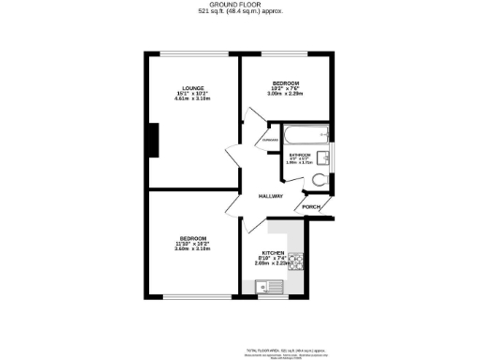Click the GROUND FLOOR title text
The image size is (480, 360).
pos(241,5)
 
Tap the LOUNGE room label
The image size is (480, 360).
pos(194,87)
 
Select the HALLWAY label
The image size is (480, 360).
pos(271,195)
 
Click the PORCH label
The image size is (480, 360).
pos(311,206)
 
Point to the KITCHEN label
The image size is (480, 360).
pos(275,252)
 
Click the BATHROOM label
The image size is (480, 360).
pos(299,155)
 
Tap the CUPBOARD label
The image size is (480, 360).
pos(270,142)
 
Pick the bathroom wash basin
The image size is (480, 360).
pos(322,157)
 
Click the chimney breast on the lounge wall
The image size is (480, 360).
pos(153,142)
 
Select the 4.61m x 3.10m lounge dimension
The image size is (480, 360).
pos(194,98)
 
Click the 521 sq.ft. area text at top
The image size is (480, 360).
pos(241,12)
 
